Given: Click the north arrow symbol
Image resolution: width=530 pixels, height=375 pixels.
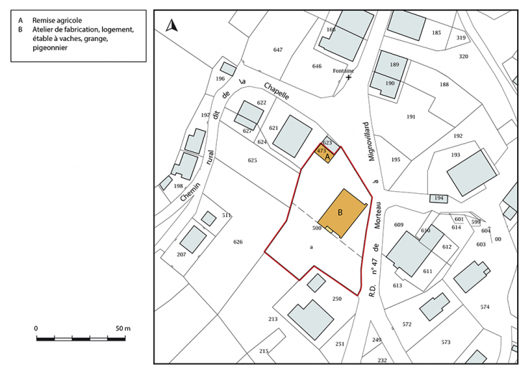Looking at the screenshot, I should pos(172,27).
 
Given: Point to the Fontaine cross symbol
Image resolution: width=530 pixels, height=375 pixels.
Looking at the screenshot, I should pos(349,78).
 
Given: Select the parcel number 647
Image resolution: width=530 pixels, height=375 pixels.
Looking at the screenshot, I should pos(279,49).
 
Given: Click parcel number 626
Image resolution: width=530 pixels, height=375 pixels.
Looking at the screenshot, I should pos(238,241).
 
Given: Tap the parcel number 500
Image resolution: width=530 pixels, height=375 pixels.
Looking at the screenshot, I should pos(316,228).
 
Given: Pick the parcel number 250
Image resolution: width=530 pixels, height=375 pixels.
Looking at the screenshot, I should pos(337,298).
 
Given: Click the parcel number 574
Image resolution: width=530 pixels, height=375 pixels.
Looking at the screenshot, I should pos(485,307).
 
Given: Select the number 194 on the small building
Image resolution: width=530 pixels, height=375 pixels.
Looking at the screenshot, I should pos(439,198).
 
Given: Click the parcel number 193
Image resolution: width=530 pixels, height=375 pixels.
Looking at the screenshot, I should pos(455,154).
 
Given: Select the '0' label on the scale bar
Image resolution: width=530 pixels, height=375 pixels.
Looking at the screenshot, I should pos(36,328).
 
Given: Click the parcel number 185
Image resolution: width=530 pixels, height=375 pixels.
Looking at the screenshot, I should pos(437,33).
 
